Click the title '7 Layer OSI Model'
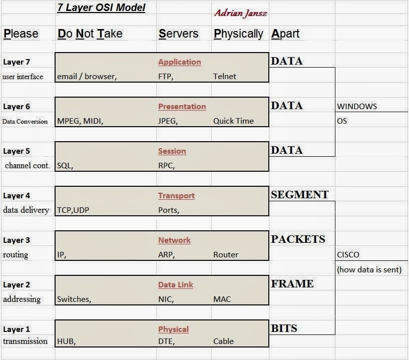pos(102,8)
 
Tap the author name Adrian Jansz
pos(240,13)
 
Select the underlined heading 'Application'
pos(179,62)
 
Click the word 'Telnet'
pos(224,77)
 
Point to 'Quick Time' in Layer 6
pos(233,121)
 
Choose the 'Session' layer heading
pos(172,151)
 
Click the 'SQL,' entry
pos(65,166)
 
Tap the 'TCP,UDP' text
pos(73,210)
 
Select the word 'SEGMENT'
pos(299,195)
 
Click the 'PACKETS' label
pos(298,239)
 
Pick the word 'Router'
pos(226,255)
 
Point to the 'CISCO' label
pos(348,255)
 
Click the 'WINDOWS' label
pos(357,107)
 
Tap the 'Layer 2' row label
pos(17,285)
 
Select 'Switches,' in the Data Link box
pos(74,299)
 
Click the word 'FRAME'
pos(292,284)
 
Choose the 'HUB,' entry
pos(66,341)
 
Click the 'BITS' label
pos(284,328)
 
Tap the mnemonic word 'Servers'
pos(178,34)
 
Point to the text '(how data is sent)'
pos(369,270)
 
